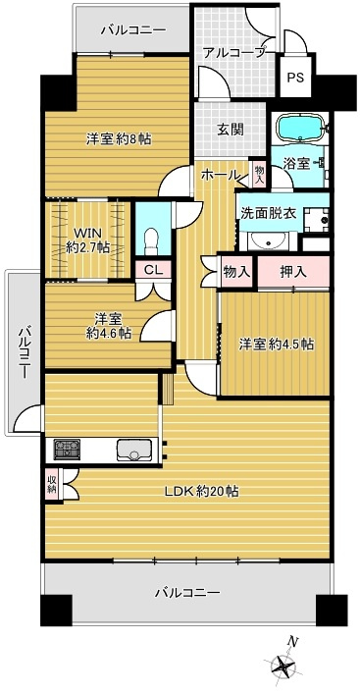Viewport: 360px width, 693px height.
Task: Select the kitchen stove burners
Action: (68, 451)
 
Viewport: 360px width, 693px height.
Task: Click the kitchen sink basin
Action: (134, 451)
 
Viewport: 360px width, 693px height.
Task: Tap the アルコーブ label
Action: (233, 54)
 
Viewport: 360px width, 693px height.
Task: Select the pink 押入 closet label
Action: (291, 271)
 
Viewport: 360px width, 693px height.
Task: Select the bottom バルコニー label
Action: (186, 592)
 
